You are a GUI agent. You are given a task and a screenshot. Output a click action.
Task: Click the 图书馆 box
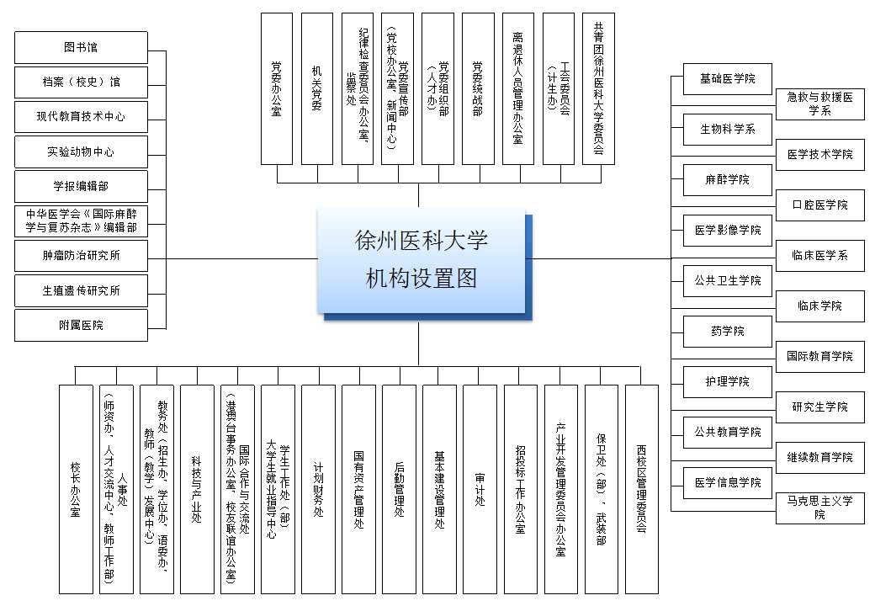tap(81, 47)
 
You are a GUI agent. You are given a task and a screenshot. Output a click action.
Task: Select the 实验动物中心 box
tap(81, 152)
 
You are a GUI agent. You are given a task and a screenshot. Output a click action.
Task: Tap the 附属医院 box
tap(81, 325)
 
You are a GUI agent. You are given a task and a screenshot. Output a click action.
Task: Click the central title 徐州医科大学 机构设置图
tap(422, 260)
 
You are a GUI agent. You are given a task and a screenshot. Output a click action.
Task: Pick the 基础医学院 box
tap(727, 79)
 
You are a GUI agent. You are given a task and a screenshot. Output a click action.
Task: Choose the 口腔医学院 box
tap(819, 205)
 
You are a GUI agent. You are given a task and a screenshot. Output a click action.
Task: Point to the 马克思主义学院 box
tap(819, 508)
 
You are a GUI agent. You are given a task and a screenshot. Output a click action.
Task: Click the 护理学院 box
tap(727, 382)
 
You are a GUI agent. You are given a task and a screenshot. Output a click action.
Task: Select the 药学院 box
tap(727, 332)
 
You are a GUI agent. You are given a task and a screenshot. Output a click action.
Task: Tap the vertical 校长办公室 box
tap(75, 489)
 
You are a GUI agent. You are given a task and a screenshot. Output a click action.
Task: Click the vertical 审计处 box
tap(480, 489)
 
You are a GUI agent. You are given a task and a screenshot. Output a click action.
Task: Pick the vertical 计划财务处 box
tap(318, 489)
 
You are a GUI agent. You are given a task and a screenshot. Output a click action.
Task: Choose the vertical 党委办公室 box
tap(277, 88)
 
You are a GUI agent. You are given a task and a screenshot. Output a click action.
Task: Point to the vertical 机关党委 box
tap(317, 88)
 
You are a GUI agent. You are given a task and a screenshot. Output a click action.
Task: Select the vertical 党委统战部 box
tap(478, 88)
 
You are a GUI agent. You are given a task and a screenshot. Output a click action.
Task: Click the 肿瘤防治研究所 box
tap(81, 256)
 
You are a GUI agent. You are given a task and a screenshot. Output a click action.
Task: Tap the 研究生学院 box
tap(819, 407)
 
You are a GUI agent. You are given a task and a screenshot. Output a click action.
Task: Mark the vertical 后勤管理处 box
tap(399, 489)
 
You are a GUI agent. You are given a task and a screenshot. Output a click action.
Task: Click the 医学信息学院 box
tap(727, 483)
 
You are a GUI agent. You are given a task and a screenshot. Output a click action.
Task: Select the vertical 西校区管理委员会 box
tap(641, 489)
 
